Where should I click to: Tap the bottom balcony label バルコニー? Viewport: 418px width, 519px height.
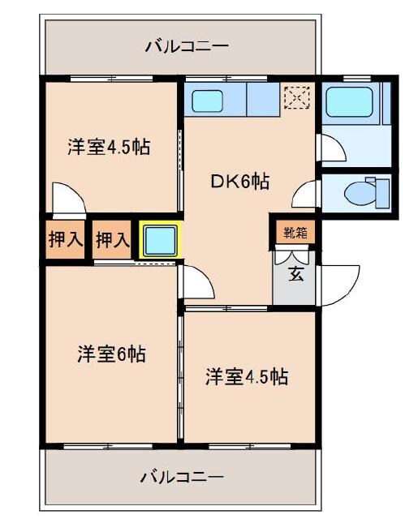point(181,476)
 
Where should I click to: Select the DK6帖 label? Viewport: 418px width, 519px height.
point(240,182)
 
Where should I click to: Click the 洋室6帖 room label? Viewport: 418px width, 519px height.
point(111,354)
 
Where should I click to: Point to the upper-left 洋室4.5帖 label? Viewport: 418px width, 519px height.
point(110,147)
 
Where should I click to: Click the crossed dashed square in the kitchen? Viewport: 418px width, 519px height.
point(296,97)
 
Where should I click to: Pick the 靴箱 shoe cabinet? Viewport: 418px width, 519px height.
point(295,233)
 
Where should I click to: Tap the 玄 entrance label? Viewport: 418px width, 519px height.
point(296,274)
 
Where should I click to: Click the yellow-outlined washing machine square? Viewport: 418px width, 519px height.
point(159,240)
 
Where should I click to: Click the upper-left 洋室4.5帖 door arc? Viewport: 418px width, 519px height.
point(66,196)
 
